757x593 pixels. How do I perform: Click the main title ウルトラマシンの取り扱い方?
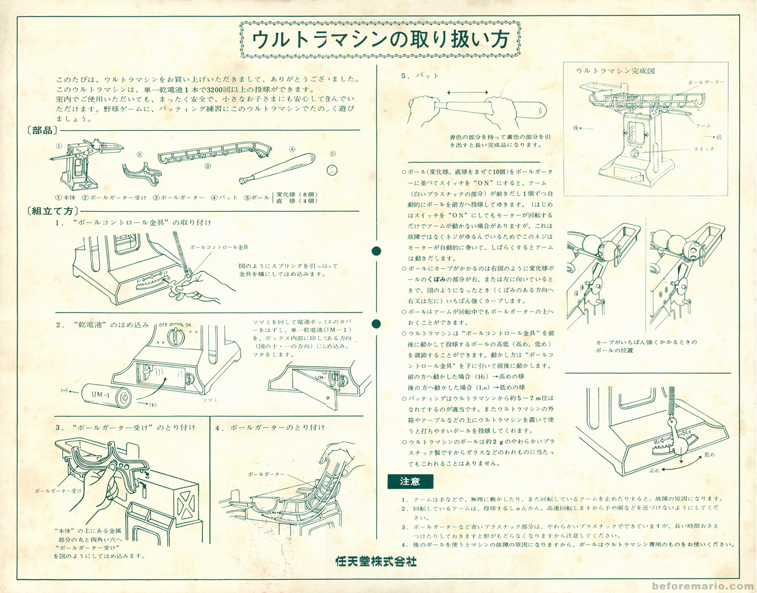[x=380, y=40]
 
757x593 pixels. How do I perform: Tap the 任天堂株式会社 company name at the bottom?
[x=376, y=561]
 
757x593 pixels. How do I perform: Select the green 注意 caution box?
[x=410, y=482]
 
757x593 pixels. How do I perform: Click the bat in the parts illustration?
[x=276, y=169]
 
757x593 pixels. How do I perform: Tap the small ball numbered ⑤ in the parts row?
[x=332, y=170]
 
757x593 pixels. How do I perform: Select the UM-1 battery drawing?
[x=110, y=395]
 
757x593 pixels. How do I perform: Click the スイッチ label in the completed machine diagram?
[x=704, y=149]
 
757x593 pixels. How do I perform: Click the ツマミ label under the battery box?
[x=210, y=400]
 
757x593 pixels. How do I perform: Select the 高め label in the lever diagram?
[x=654, y=470]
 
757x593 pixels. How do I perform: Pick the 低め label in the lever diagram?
[x=709, y=455]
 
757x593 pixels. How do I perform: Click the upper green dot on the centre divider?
[x=377, y=251]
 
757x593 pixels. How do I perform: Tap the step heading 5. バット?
[x=420, y=76]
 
